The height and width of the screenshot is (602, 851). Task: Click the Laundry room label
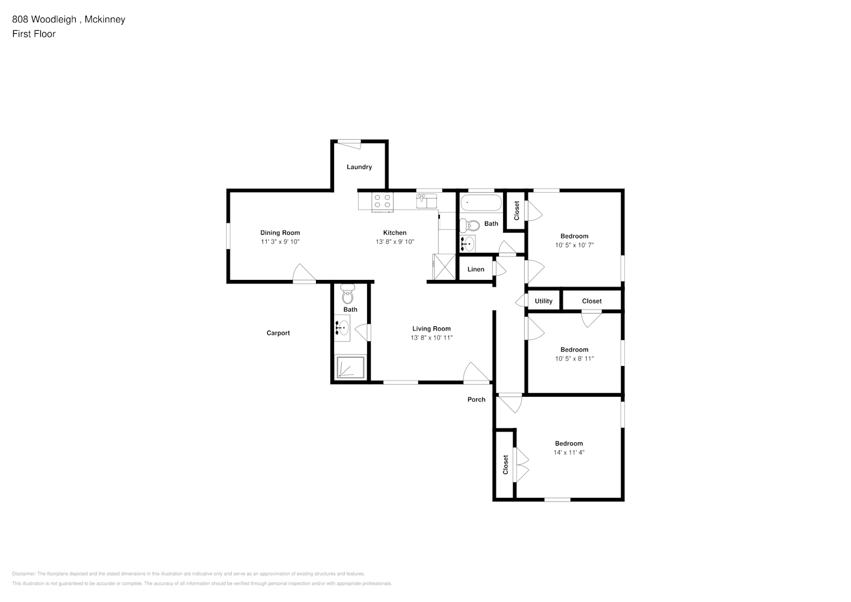tap(359, 167)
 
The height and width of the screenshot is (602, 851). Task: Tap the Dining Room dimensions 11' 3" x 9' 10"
tap(280, 242)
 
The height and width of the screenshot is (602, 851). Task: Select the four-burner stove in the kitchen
tap(382, 202)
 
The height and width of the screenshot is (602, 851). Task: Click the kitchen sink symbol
tap(426, 201)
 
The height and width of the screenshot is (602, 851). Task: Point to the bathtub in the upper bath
tap(481, 202)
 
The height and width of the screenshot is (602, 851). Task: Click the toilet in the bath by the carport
tap(348, 293)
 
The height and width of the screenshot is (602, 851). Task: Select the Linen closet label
tap(475, 270)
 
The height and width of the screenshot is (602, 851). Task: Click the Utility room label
tap(543, 301)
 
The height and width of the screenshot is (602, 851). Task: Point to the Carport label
tap(278, 333)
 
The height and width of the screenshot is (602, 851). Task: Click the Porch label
tap(477, 400)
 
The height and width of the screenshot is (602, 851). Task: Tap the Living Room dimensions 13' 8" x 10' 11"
tap(432, 338)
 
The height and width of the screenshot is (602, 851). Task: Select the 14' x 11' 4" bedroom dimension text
tap(569, 452)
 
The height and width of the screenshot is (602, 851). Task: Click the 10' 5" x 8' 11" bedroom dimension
tap(574, 358)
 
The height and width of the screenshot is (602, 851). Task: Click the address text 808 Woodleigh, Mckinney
tap(69, 19)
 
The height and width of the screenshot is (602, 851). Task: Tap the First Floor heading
tap(34, 34)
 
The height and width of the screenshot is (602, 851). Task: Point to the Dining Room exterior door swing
tap(304, 273)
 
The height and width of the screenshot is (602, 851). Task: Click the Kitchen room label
tap(395, 232)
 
